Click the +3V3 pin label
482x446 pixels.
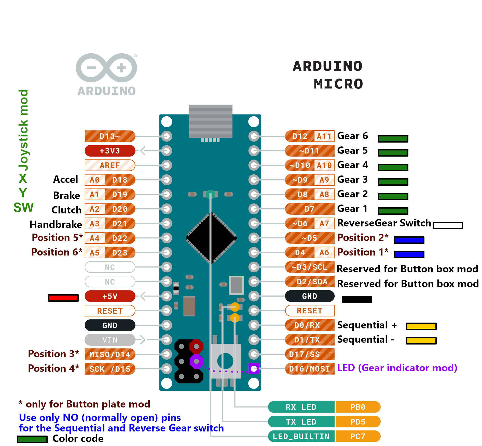pos(110,151)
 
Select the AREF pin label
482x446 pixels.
pos(110,165)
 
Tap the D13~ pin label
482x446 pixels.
pos(110,136)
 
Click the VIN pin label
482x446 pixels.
pos(110,340)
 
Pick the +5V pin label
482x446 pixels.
pos(110,296)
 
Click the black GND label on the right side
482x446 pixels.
pos(309,296)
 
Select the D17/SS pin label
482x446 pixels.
pos(309,354)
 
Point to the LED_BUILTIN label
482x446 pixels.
pos(301,436)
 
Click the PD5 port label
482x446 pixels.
pos(358,422)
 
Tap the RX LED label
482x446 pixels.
pos(301,407)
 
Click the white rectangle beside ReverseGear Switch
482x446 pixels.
pos(448,225)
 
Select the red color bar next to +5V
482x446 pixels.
pos(63,298)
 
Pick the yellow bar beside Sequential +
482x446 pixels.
pos(421,326)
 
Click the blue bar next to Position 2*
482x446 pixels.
pos(409,240)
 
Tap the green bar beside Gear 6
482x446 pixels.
pos(393,139)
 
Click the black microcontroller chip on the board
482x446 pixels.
pos(212,238)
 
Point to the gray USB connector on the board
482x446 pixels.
pos(211,121)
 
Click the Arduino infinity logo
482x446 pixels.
pos(106,68)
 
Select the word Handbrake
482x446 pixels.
pos(56,224)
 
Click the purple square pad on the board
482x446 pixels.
pos(254,369)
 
